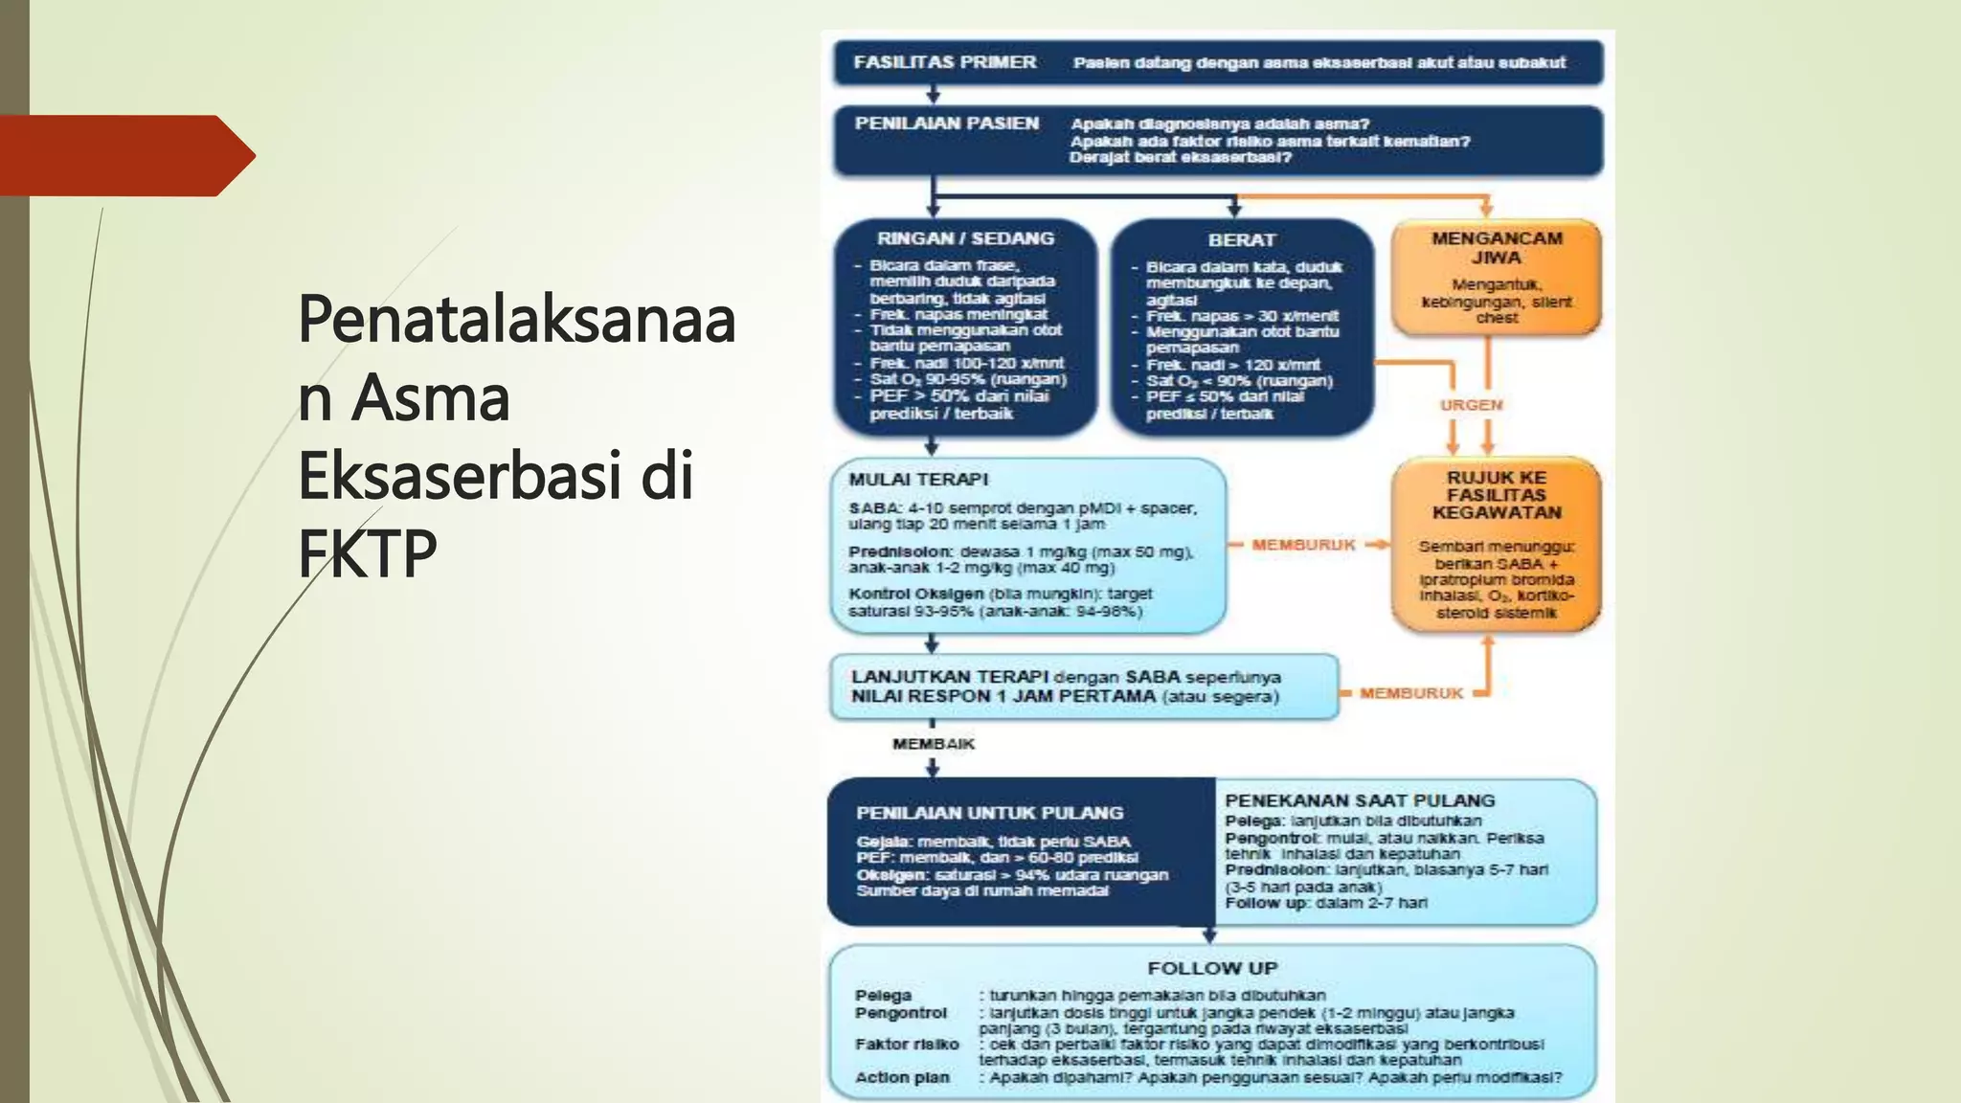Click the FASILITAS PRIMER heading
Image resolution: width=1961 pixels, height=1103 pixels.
944,62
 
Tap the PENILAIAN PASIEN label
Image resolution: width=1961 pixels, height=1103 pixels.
946,124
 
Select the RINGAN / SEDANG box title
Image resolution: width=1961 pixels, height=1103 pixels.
965,238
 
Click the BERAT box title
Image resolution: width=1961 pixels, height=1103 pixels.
1241,240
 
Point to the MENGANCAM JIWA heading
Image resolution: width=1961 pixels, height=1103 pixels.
1496,248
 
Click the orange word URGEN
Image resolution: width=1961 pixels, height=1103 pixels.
1471,405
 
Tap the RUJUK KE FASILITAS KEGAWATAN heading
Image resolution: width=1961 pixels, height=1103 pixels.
1496,495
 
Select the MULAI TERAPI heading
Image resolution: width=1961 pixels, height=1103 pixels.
917,480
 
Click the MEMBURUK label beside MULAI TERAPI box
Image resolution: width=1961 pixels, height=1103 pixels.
1303,545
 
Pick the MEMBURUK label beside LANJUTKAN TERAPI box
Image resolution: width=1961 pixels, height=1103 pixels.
1410,693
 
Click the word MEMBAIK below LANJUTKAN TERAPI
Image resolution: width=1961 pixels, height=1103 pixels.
933,744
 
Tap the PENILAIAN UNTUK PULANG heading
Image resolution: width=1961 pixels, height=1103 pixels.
989,813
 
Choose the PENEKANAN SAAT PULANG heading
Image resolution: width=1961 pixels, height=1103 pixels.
1359,800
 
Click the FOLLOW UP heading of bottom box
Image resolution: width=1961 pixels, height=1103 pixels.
1212,968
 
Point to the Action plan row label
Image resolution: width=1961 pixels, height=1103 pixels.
902,1077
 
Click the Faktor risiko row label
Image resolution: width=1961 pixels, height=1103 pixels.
906,1045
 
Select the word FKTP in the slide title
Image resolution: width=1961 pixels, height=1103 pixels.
367,552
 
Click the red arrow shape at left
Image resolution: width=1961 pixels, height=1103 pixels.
124,155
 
